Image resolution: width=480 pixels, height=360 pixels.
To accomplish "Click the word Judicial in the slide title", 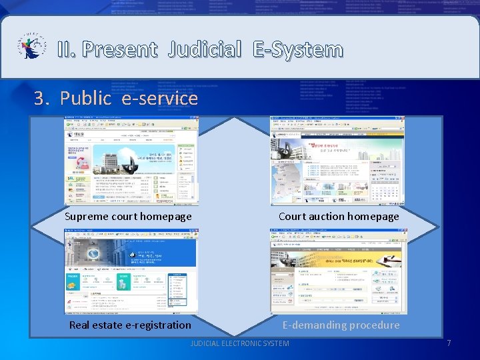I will click(205, 49).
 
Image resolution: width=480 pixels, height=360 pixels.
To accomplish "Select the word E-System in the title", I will click(297, 49).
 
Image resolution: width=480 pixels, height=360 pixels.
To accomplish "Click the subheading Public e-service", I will click(129, 99).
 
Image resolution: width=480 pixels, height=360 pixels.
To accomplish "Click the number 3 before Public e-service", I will click(41, 99).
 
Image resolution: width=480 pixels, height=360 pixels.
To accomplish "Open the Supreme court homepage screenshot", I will click(131, 161).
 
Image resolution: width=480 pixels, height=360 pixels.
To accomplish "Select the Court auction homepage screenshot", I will click(337, 161).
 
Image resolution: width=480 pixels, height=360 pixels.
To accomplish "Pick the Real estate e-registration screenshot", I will click(131, 271).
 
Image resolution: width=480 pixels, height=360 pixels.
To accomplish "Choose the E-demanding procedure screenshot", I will click(338, 271).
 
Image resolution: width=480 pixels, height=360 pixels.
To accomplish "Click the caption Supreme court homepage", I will click(128, 216).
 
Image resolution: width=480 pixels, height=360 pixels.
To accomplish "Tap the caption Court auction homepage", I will click(339, 216).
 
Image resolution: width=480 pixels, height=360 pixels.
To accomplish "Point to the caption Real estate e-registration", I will click(130, 325).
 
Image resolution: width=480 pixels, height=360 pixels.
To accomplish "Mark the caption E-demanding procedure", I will click(341, 325).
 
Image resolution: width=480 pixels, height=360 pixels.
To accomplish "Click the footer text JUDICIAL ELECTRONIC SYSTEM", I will click(240, 343).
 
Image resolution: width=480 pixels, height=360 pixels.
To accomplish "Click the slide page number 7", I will click(449, 343).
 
